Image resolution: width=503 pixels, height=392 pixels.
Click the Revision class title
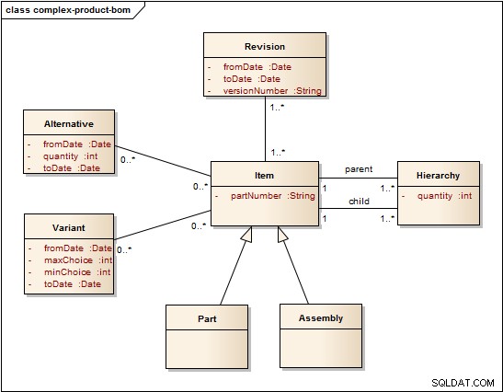(x=265, y=47)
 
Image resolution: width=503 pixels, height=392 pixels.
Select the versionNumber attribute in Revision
(x=272, y=91)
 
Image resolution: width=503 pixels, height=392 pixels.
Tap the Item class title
(x=264, y=175)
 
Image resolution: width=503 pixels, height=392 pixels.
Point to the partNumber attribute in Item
(x=273, y=196)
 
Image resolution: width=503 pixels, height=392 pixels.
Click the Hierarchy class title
(x=438, y=176)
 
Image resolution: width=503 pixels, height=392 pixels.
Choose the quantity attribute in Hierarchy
(x=445, y=196)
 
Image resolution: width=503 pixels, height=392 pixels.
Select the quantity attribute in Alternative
(x=70, y=156)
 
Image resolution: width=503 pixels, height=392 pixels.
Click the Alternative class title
(x=69, y=124)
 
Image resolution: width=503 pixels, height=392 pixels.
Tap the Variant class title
(x=69, y=228)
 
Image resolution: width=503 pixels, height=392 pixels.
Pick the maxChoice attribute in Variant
(x=78, y=260)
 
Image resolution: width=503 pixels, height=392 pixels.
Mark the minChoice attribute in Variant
(x=77, y=272)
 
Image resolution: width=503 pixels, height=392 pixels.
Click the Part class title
(x=207, y=318)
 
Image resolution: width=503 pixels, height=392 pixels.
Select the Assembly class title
(x=321, y=318)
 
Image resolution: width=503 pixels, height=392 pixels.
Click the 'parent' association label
(x=359, y=169)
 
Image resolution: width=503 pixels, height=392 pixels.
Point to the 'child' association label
(x=359, y=201)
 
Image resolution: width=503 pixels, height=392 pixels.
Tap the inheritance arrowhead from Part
(x=247, y=234)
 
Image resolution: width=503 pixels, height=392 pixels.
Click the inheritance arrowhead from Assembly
(x=282, y=234)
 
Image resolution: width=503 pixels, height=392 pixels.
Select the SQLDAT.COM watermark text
(x=463, y=383)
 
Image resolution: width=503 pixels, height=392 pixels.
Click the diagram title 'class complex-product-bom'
(x=68, y=10)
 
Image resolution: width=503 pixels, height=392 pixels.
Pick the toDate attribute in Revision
(x=252, y=79)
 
